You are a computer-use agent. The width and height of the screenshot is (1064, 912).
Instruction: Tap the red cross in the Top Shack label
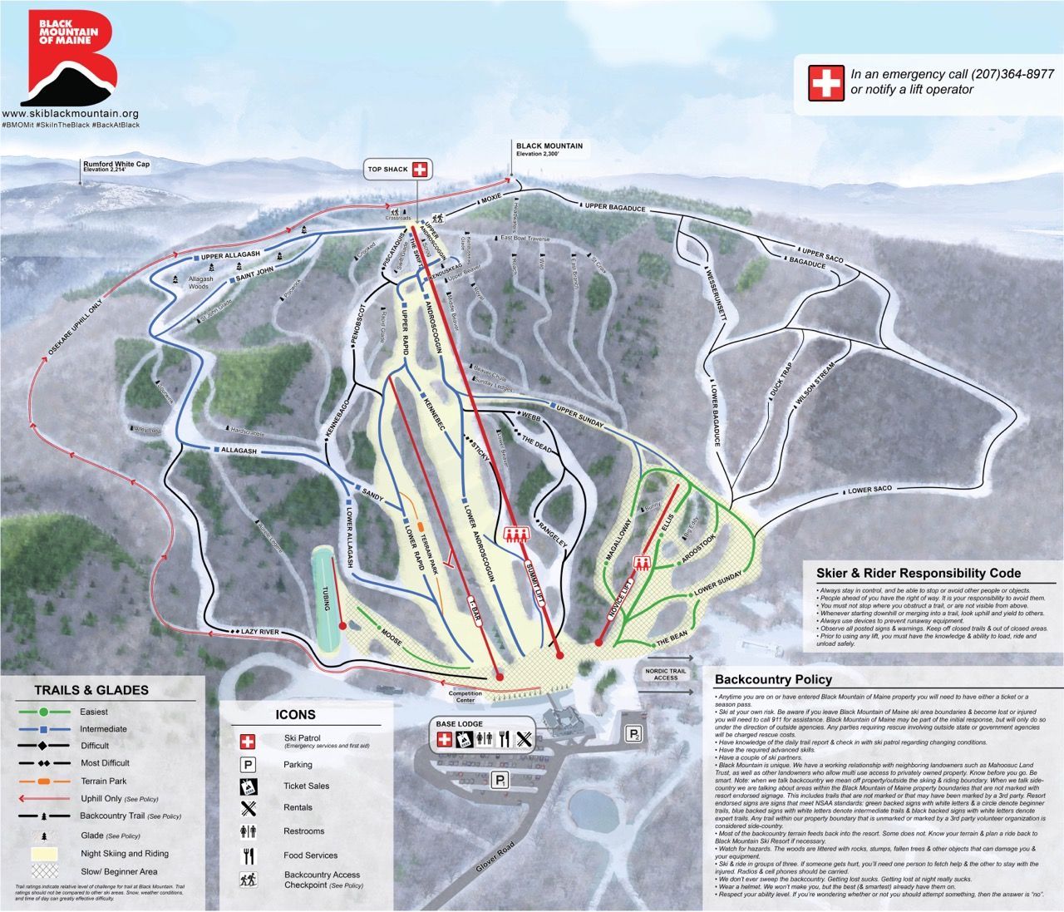click(x=420, y=170)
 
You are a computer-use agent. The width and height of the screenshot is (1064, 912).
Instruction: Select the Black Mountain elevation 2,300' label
click(x=549, y=150)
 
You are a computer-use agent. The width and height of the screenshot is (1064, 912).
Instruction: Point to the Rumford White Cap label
click(x=116, y=166)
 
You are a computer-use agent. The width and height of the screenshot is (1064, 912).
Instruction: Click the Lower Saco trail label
click(x=868, y=491)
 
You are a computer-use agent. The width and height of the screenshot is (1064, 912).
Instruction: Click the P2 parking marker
click(x=634, y=734)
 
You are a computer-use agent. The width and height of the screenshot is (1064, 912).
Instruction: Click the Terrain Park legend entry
click(x=103, y=781)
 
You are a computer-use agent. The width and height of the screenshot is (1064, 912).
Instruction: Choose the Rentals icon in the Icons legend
click(x=248, y=807)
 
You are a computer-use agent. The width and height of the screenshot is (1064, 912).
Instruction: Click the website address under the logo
click(x=70, y=113)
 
